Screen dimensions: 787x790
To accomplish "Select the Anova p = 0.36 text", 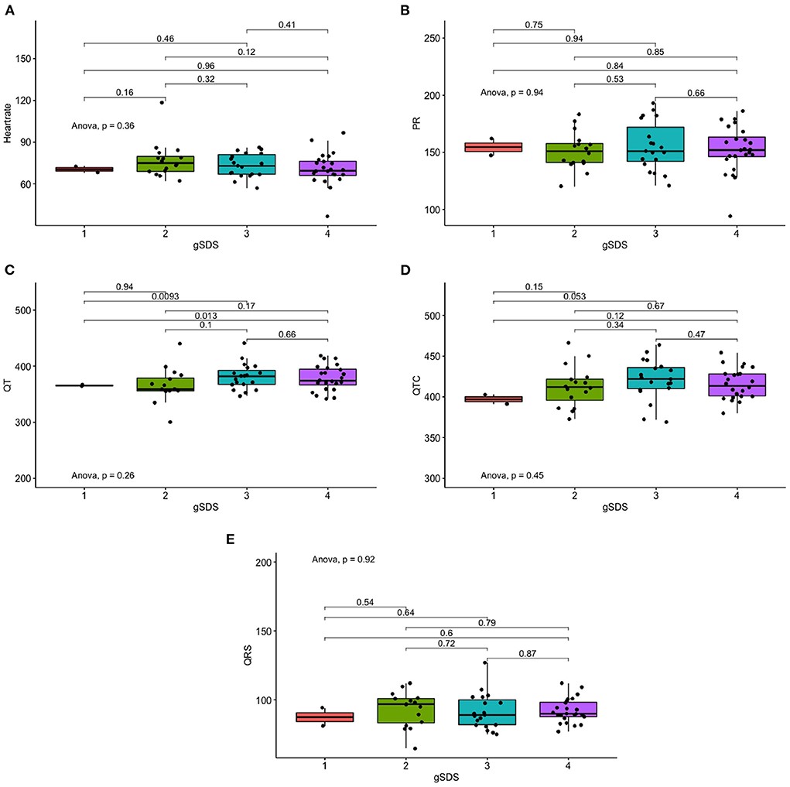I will pyautogui.click(x=103, y=125).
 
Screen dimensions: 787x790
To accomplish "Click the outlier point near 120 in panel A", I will pyautogui.click(x=162, y=102).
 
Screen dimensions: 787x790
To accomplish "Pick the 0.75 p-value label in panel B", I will pyautogui.click(x=533, y=24).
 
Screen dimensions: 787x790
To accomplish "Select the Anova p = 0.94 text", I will pyautogui.click(x=512, y=92).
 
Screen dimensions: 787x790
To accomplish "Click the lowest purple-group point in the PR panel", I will pyautogui.click(x=730, y=217).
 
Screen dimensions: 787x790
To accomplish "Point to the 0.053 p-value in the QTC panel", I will pyautogui.click(x=573, y=296).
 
